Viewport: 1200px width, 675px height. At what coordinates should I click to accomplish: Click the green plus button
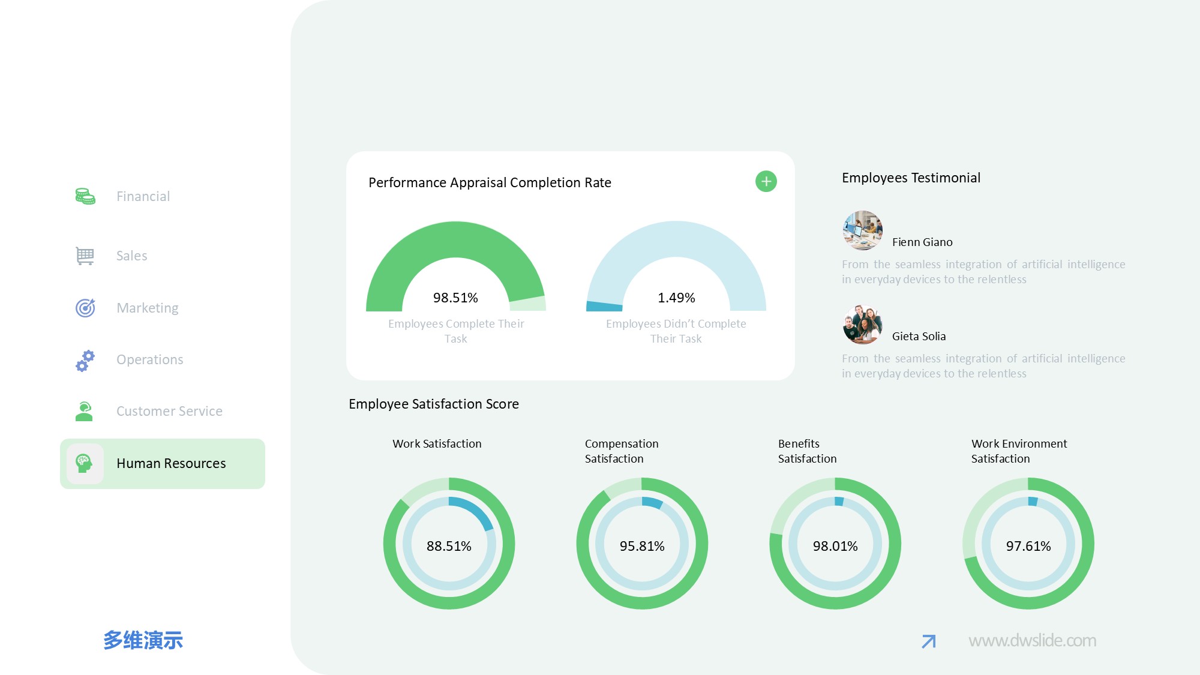tap(766, 181)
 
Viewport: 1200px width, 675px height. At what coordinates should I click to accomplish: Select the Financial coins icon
tap(85, 196)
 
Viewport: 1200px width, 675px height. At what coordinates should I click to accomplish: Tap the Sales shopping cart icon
tap(85, 256)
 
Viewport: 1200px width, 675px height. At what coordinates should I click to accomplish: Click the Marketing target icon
tap(85, 308)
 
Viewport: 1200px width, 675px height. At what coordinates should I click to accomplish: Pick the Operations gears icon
tap(85, 360)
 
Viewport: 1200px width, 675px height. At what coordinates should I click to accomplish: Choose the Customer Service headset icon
tap(85, 412)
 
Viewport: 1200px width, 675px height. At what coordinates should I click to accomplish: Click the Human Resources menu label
tap(171, 463)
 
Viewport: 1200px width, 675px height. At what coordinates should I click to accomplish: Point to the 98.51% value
tap(455, 298)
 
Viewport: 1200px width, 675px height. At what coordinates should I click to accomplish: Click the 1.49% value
tap(676, 298)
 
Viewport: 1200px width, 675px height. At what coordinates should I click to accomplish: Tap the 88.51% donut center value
tap(449, 546)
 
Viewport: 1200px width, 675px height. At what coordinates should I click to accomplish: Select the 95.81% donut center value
tap(642, 546)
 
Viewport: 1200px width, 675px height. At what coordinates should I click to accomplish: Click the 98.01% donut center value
tap(835, 546)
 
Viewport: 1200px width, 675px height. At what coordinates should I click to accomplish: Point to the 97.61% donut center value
tap(1028, 546)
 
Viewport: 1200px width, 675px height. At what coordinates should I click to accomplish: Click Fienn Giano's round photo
tap(862, 230)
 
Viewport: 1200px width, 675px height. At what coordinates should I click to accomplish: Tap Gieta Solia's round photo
tap(862, 325)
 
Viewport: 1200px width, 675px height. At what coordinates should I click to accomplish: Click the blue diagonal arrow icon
tap(929, 641)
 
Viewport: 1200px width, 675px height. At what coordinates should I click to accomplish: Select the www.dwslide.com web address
tap(1032, 641)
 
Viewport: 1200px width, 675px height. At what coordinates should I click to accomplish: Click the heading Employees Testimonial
tap(911, 178)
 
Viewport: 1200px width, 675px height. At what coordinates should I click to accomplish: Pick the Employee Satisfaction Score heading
tap(434, 404)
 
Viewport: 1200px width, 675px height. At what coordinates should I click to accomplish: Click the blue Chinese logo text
tap(143, 640)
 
